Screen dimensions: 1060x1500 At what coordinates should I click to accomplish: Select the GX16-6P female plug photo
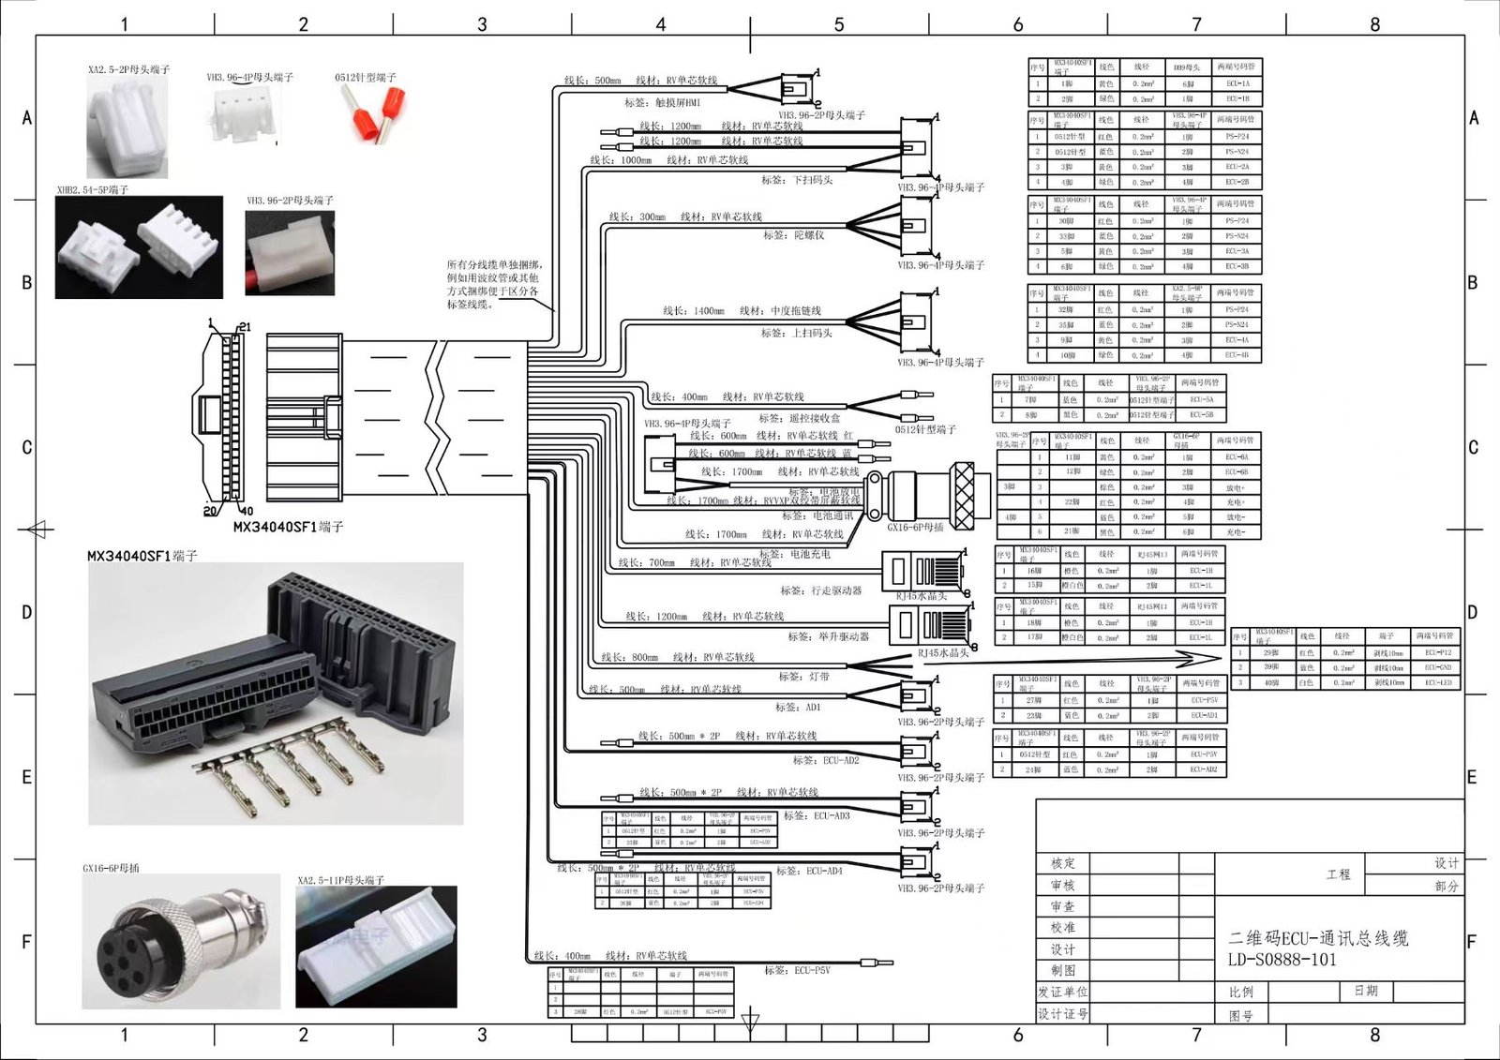[181, 941]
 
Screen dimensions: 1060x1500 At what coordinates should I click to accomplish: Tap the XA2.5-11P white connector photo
[376, 947]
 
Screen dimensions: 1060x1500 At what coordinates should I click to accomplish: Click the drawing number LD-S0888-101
[1282, 960]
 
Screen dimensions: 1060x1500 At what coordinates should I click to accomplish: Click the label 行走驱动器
[821, 590]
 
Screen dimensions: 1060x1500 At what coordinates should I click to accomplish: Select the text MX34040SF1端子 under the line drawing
[288, 527]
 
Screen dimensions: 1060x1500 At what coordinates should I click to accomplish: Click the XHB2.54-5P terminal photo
[139, 246]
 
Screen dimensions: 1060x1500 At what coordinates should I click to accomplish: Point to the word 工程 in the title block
[1339, 874]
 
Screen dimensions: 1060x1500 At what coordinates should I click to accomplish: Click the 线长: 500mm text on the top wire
[592, 81]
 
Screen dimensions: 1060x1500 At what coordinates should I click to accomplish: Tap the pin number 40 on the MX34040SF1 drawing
[247, 512]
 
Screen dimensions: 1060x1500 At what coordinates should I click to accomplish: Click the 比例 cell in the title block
[1241, 992]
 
